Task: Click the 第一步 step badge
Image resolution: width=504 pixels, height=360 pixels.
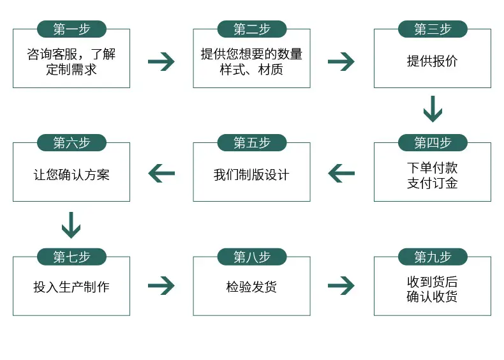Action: point(71,29)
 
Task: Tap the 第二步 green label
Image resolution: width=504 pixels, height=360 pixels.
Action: point(251,29)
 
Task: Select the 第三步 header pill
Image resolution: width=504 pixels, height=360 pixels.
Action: point(433,29)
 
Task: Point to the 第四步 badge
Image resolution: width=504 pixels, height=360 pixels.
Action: point(433,142)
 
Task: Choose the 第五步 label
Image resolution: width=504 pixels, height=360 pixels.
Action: point(251,142)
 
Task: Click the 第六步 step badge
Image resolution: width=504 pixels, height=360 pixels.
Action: point(71,142)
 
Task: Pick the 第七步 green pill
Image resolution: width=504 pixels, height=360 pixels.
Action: point(71,257)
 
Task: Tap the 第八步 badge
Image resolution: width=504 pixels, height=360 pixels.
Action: point(251,257)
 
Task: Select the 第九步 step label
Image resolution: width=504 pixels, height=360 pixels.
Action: point(433,257)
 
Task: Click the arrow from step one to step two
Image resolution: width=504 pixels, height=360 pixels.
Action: point(161,61)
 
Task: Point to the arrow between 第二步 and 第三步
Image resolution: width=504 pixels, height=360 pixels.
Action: point(341,61)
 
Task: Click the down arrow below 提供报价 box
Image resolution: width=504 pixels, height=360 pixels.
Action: point(433,109)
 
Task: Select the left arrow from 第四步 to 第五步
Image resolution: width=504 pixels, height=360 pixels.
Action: point(341,173)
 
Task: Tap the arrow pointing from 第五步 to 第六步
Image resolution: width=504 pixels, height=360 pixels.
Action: point(161,173)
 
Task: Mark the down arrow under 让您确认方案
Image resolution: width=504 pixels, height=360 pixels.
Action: point(71,225)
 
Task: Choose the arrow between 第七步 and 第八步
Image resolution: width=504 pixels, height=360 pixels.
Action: point(161,285)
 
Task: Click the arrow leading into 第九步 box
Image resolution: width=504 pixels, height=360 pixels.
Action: point(341,285)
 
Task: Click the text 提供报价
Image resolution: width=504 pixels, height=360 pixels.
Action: point(433,61)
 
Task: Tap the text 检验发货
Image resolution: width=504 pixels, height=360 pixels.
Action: point(251,287)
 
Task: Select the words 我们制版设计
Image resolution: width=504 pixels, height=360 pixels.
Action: point(251,175)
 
